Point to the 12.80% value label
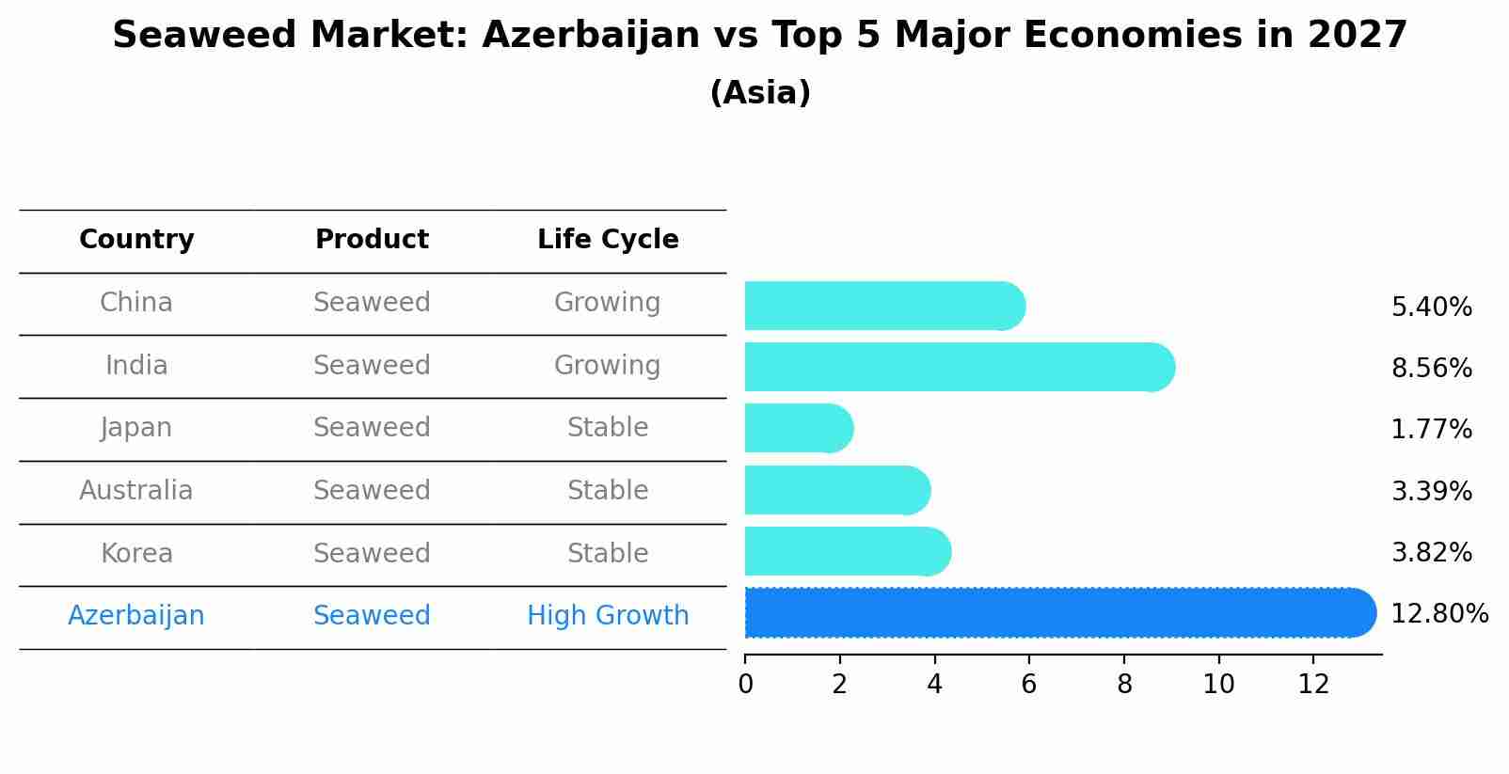1439,614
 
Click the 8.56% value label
1431,368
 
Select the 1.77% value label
1431,430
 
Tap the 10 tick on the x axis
1218,685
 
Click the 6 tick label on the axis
1029,685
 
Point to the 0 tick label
746,685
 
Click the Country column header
136,240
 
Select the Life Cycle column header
608,240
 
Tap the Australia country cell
136,491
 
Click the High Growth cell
608,616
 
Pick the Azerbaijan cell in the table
136,616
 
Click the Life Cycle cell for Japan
608,428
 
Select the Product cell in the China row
372,303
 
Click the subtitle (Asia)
760,93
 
